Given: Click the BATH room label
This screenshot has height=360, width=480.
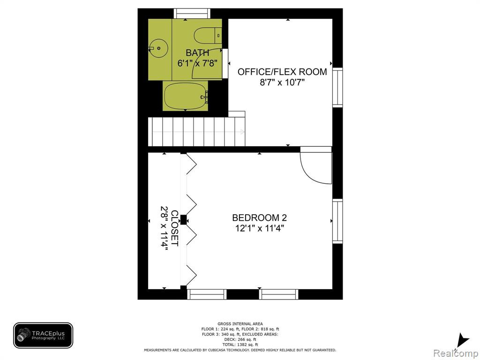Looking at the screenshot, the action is pyautogui.click(x=197, y=52).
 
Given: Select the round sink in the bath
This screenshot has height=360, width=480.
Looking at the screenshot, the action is pyautogui.click(x=158, y=48).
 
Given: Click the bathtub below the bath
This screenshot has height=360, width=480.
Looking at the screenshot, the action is pyautogui.click(x=186, y=96).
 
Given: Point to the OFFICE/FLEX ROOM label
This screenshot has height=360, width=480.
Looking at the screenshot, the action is pyautogui.click(x=282, y=72).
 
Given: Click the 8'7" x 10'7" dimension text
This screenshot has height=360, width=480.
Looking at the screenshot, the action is pyautogui.click(x=282, y=82).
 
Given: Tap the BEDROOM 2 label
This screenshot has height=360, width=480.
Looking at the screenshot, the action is pyautogui.click(x=259, y=217).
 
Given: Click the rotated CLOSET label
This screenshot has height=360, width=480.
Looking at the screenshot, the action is pyautogui.click(x=174, y=228).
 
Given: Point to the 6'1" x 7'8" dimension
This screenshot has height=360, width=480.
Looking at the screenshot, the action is pyautogui.click(x=197, y=63).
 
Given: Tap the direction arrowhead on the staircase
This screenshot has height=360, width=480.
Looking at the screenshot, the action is pyautogui.click(x=242, y=132).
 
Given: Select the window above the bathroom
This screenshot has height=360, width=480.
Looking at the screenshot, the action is pyautogui.click(x=192, y=14).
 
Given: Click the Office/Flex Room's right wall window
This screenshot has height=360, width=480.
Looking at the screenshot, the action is pyautogui.click(x=337, y=87).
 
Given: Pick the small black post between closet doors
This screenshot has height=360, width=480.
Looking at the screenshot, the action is pyautogui.click(x=183, y=220).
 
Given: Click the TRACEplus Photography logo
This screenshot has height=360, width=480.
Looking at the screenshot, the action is pyautogui.click(x=43, y=336).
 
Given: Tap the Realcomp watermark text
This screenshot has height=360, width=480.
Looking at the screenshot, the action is pyautogui.click(x=456, y=353).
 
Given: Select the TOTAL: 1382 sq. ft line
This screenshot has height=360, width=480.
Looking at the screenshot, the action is pyautogui.click(x=240, y=345).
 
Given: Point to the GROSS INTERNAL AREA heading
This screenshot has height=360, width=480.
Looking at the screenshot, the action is pyautogui.click(x=240, y=324).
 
